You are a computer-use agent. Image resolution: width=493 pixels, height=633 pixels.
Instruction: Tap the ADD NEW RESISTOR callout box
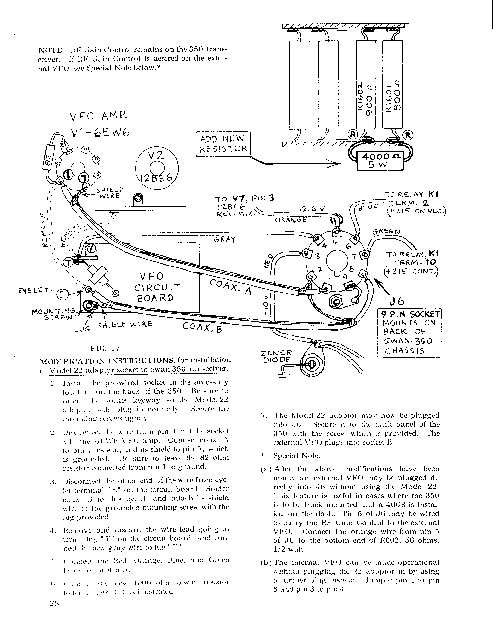coord(223,144)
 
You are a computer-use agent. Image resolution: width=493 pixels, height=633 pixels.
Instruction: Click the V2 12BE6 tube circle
coord(157,169)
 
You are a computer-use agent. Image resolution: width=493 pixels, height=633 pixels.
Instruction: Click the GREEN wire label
coord(386,232)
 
